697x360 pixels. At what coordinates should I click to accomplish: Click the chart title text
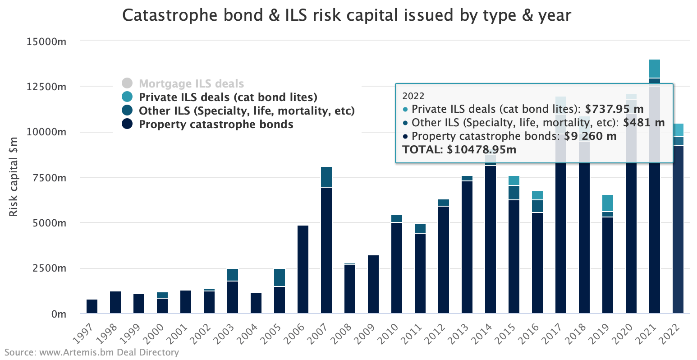click(x=347, y=16)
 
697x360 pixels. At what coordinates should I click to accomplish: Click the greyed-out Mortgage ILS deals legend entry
click(x=191, y=83)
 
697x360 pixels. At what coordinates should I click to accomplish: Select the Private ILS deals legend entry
click(x=228, y=97)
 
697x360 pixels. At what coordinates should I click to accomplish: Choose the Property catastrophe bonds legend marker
click(x=127, y=124)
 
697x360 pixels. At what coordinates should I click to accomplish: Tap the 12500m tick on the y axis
click(x=46, y=86)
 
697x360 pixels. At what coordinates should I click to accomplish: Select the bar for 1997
click(x=92, y=306)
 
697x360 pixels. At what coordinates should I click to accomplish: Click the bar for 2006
click(x=303, y=269)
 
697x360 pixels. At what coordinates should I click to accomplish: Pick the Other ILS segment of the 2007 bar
click(x=326, y=177)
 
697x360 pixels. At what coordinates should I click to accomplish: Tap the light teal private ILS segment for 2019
click(x=608, y=203)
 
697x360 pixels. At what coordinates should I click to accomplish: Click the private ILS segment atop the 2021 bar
click(x=655, y=69)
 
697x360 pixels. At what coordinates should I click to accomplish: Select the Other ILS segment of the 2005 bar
click(x=280, y=277)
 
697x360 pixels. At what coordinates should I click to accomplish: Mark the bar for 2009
click(x=373, y=284)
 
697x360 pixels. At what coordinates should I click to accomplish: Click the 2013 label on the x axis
click(x=464, y=331)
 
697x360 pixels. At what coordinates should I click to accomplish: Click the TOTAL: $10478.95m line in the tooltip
click(x=459, y=149)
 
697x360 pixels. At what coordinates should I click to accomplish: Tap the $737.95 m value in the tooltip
click(x=614, y=109)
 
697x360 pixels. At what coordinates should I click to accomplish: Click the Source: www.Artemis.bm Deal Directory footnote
click(x=92, y=352)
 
